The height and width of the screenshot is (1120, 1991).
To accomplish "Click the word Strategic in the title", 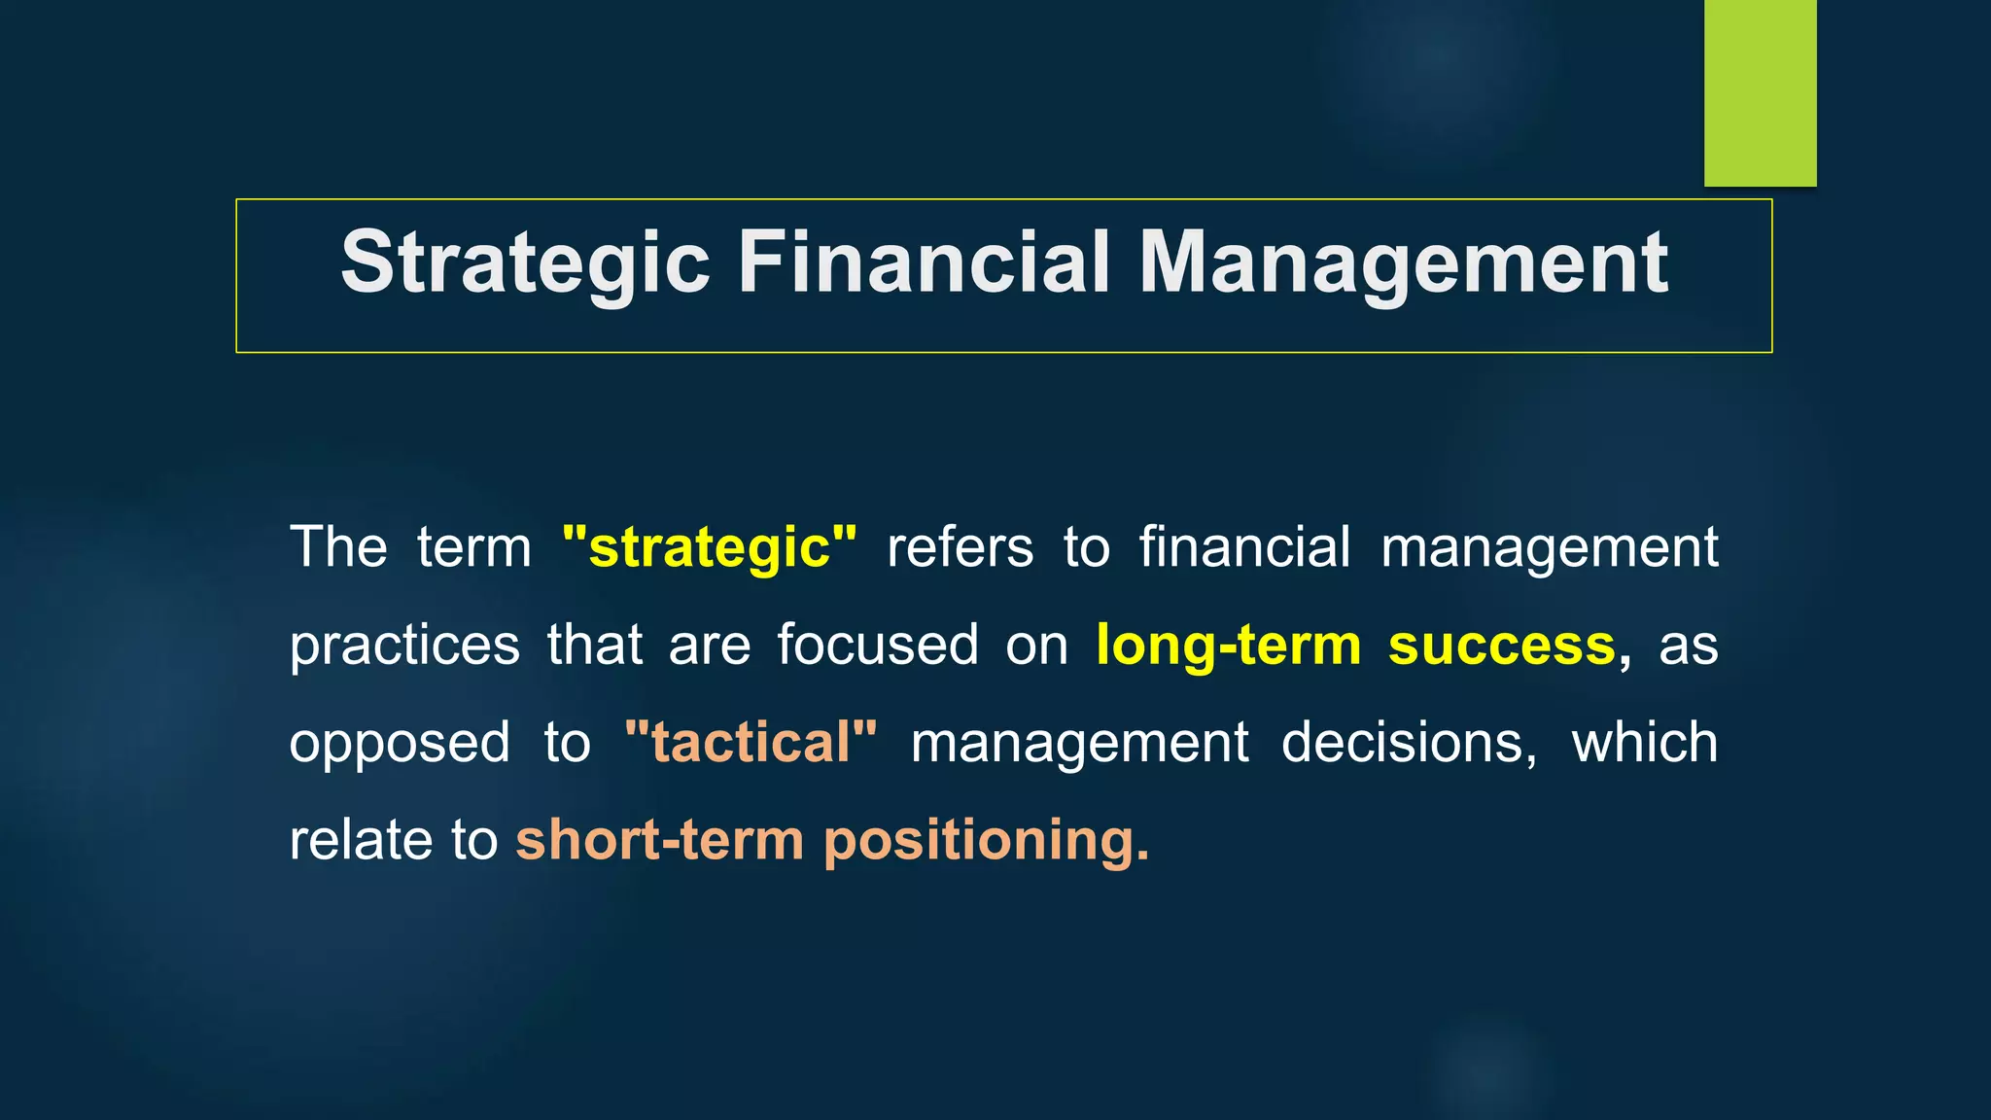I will [x=525, y=262].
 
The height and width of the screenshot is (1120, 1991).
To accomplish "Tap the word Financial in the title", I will [x=924, y=262].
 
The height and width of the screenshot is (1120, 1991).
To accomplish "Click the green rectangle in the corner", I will [x=1760, y=92].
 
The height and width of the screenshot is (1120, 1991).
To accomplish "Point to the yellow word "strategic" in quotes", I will [x=710, y=547].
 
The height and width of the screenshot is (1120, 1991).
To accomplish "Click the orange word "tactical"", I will [x=751, y=743].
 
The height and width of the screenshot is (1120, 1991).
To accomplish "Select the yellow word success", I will [x=1501, y=646].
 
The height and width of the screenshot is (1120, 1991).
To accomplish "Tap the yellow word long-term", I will [x=1229, y=646].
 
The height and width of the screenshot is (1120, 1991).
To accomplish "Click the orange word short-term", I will [x=659, y=840].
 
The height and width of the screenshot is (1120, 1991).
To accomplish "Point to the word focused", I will [x=877, y=646].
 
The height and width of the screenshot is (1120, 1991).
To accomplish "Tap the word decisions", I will [x=1409, y=743].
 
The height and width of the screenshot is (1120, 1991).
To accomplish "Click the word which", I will [x=1645, y=743].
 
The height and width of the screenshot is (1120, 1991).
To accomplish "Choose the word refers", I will [x=960, y=547].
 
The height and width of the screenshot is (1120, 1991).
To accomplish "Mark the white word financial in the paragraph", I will [x=1244, y=547].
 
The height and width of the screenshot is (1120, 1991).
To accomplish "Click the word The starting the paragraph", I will [x=338, y=547].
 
